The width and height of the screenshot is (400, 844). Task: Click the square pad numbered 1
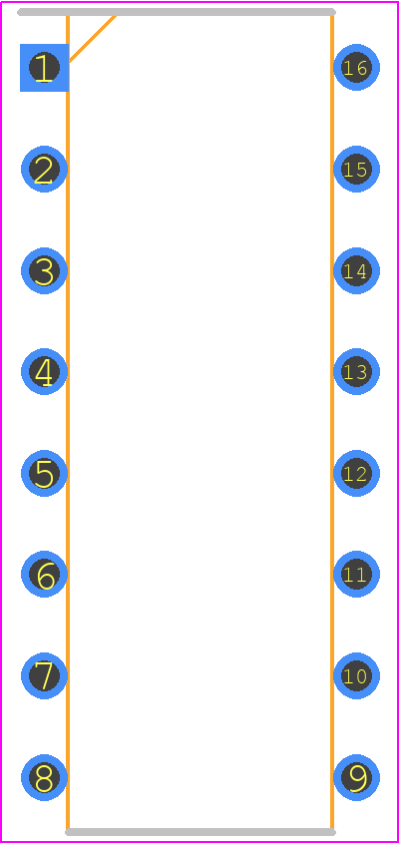[44, 68]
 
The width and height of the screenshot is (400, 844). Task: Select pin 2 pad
[44, 169]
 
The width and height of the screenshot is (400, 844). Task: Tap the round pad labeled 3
[44, 270]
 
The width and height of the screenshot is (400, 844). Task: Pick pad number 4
[44, 371]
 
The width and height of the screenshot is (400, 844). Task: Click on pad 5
[44, 473]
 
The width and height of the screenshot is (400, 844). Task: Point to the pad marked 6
[44, 575]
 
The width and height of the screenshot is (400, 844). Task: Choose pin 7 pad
[44, 676]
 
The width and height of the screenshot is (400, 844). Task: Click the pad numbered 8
[44, 778]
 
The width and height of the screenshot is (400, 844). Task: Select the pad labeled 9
[356, 778]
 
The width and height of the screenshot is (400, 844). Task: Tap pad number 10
[356, 676]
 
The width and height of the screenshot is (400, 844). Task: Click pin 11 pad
[356, 575]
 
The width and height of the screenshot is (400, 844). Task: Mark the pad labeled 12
[356, 473]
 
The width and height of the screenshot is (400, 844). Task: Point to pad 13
[356, 371]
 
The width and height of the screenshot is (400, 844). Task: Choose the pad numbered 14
[356, 270]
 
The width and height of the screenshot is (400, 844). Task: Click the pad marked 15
[356, 169]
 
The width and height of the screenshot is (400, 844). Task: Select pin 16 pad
[356, 67]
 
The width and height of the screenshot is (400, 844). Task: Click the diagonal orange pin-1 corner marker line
[92, 39]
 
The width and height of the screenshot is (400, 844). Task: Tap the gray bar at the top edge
[177, 12]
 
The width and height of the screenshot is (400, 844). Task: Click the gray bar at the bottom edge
[200, 832]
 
